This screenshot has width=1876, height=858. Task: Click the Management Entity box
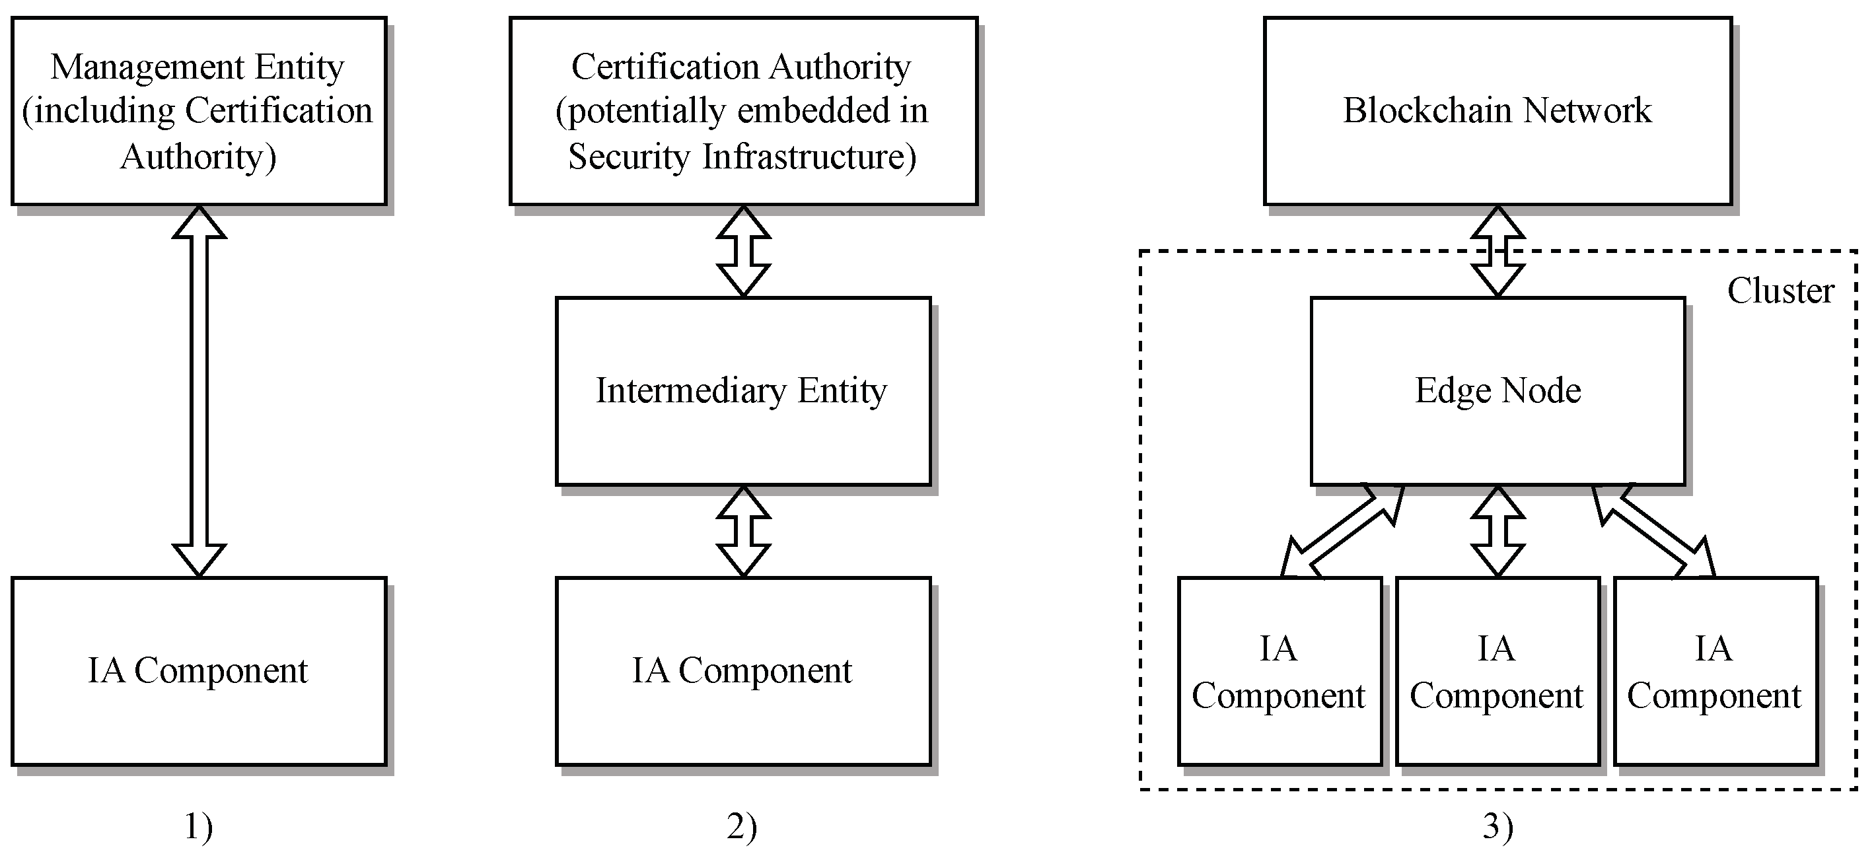199,111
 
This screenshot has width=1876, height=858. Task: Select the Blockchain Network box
1498,111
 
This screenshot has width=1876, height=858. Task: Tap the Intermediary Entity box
744,391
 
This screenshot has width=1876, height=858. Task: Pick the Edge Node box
1498,391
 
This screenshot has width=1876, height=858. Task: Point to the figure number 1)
198,827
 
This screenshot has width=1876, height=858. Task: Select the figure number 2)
742,827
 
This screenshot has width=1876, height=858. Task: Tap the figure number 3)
1498,827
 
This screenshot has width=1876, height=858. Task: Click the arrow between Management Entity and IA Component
199,391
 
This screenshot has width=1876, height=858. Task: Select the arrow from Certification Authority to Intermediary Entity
744,251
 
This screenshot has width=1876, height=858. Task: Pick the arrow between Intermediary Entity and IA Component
744,532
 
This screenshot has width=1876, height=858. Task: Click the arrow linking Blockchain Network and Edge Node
1498,251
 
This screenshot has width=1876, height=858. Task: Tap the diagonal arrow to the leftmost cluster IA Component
1342,532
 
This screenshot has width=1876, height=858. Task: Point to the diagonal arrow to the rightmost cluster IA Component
1654,532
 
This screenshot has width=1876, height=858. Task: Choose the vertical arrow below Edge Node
1498,532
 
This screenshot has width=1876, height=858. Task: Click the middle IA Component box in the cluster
1498,672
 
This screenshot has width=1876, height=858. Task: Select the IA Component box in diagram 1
199,672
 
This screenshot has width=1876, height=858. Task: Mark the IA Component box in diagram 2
744,672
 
